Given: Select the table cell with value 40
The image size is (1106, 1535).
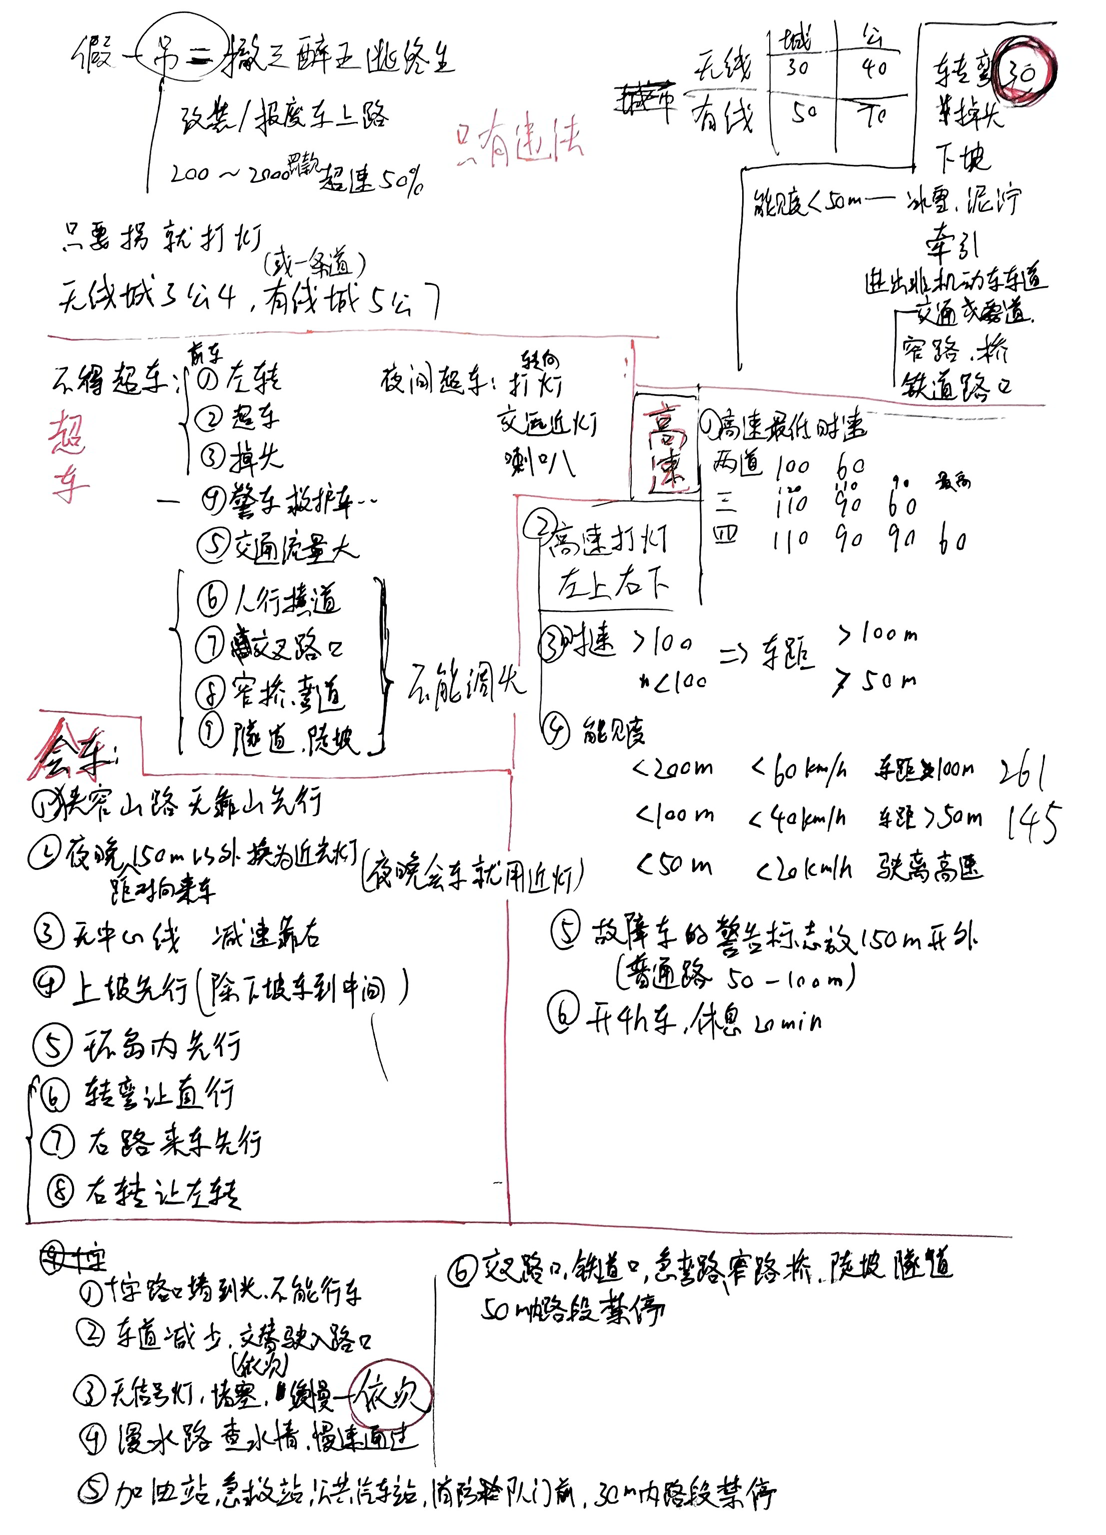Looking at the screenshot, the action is [x=873, y=67].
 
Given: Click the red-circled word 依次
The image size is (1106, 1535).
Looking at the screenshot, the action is [x=390, y=1394].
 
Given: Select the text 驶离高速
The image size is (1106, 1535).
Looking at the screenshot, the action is [x=930, y=867].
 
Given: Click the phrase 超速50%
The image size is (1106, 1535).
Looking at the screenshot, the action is [x=371, y=178].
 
